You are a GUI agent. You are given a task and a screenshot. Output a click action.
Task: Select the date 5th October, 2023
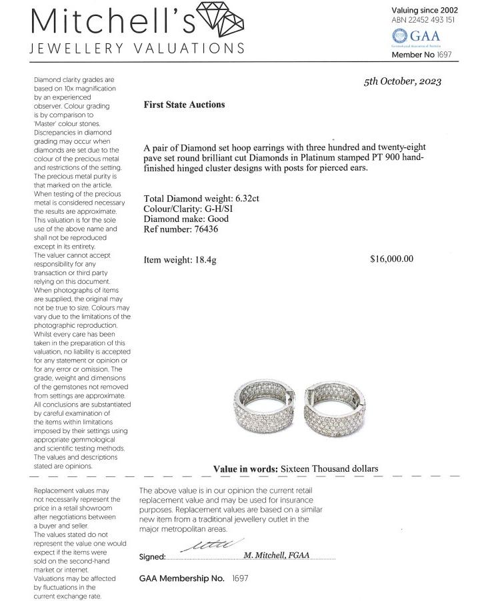[x=403, y=82]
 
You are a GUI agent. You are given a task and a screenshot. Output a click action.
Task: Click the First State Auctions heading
[x=184, y=105]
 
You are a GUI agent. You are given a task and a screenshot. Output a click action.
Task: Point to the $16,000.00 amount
[x=391, y=259]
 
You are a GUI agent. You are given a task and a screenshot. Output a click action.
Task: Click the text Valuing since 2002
[x=424, y=10]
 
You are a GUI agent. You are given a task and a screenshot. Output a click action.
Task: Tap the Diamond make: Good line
[x=186, y=219]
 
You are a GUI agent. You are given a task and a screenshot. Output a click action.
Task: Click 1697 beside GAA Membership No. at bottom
[x=239, y=578]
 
